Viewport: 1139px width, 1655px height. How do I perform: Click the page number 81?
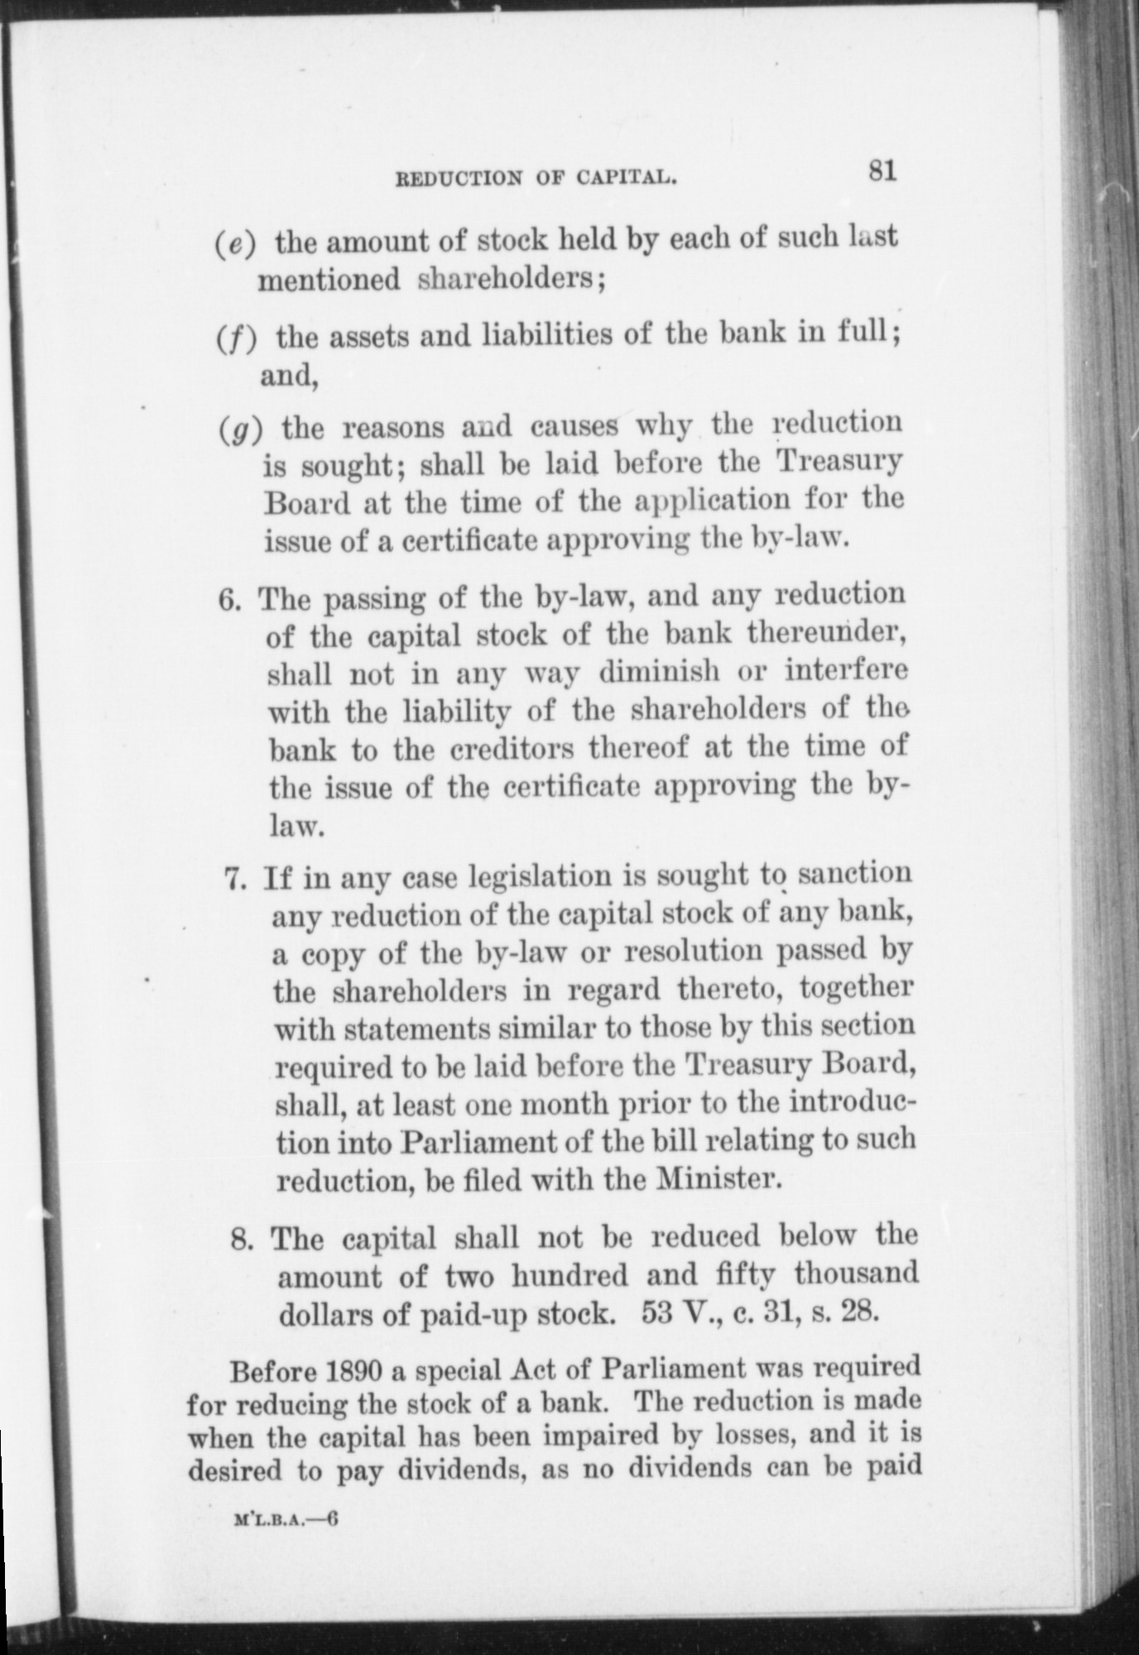(882, 172)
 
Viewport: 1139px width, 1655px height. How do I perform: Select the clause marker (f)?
(238, 339)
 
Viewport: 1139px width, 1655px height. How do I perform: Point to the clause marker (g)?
(242, 431)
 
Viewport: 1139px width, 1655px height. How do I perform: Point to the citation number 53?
(660, 1313)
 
